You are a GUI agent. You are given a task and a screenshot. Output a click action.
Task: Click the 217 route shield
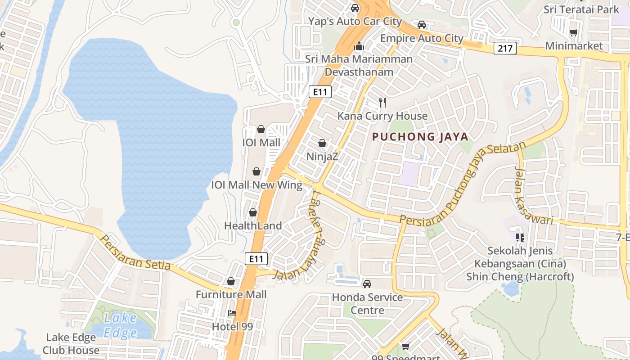pyautogui.click(x=504, y=48)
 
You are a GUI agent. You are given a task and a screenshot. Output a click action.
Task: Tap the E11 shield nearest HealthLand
pyautogui.click(x=256, y=258)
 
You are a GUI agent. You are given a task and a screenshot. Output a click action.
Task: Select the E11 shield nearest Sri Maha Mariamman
pyautogui.click(x=320, y=92)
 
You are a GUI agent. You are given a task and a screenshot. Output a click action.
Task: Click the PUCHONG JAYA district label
pyautogui.click(x=420, y=137)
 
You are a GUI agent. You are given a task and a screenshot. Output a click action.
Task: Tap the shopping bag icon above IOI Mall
pyautogui.click(x=261, y=130)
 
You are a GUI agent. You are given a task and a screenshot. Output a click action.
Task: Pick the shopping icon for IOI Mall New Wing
pyautogui.click(x=256, y=171)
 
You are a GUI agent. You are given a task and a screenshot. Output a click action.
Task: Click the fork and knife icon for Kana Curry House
pyautogui.click(x=382, y=103)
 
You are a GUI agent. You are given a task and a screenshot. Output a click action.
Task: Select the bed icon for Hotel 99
pyautogui.click(x=232, y=313)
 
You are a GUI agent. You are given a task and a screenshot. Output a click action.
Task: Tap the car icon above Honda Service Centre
pyautogui.click(x=367, y=284)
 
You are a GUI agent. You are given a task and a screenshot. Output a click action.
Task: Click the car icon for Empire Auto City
pyautogui.click(x=421, y=25)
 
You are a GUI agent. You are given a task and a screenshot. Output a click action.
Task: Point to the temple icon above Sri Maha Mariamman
pyautogui.click(x=359, y=46)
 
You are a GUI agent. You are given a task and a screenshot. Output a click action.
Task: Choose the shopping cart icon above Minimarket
pyautogui.click(x=573, y=32)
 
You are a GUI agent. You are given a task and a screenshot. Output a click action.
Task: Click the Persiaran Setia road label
pyautogui.click(x=135, y=253)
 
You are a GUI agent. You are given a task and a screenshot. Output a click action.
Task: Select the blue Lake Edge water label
pyautogui.click(x=120, y=325)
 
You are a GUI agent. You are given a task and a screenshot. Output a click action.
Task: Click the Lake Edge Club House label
pyautogui.click(x=71, y=344)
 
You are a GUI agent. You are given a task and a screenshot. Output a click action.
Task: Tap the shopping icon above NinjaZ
pyautogui.click(x=322, y=144)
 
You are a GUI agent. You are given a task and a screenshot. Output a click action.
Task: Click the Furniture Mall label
pyautogui.click(x=231, y=295)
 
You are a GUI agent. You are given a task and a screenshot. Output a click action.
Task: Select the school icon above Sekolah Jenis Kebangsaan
pyautogui.click(x=520, y=237)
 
